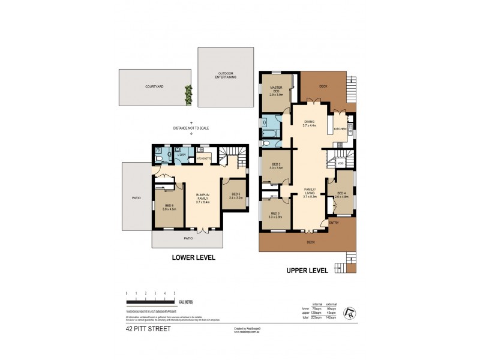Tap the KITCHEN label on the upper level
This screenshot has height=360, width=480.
[x=340, y=129]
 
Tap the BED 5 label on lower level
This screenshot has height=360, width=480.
[x=235, y=195]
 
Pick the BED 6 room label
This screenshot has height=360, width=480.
[x=169, y=208]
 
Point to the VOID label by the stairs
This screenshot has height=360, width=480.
[x=340, y=163]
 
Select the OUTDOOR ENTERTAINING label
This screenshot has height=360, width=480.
[x=226, y=76]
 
